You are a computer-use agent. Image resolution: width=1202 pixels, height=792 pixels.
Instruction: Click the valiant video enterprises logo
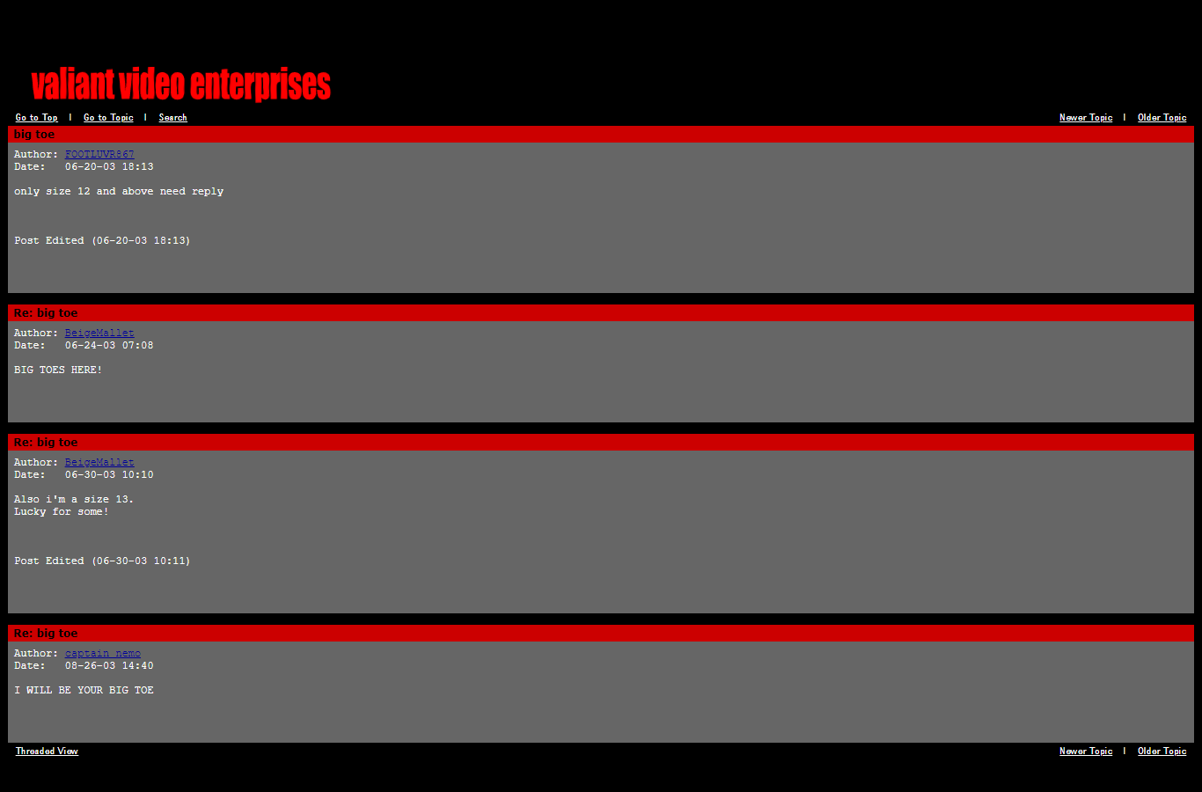coord(180,84)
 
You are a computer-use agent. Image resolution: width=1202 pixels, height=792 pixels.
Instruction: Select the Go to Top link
coord(36,118)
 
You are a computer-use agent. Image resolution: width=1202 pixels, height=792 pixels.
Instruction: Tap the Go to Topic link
coord(108,118)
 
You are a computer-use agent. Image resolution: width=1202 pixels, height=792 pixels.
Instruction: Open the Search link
coord(172,118)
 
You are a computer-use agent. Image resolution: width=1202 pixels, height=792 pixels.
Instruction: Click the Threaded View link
coord(47,752)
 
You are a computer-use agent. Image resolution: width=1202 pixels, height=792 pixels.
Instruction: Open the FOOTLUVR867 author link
coord(99,155)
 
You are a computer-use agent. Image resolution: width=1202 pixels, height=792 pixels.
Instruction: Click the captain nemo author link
coord(102,654)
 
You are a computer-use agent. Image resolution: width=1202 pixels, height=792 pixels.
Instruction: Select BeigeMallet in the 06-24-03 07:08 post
coord(99,334)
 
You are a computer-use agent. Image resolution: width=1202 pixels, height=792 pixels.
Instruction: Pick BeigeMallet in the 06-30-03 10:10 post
coord(99,463)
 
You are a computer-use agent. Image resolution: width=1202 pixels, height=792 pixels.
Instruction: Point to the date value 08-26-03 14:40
coord(109,666)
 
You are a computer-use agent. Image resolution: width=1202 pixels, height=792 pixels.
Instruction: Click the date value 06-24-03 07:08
coord(109,346)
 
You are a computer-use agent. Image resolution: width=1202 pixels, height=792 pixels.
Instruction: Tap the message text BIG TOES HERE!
coord(58,370)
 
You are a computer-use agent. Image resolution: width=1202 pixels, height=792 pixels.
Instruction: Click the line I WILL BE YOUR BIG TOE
coord(84,691)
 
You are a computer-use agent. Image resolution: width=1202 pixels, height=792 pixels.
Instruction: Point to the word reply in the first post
coord(208,192)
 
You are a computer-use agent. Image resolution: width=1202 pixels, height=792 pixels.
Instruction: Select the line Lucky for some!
coord(62,512)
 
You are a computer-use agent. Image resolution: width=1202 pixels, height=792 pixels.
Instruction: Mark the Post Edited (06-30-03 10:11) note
coord(102,561)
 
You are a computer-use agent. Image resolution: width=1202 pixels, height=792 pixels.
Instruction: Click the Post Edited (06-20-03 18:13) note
coord(102,241)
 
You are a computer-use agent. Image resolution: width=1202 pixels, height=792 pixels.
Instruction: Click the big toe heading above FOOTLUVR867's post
coord(34,135)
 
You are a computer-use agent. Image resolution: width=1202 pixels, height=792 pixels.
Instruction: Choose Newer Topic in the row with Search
coord(1086,118)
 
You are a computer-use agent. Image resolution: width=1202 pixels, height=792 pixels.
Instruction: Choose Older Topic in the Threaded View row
coord(1162,752)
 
